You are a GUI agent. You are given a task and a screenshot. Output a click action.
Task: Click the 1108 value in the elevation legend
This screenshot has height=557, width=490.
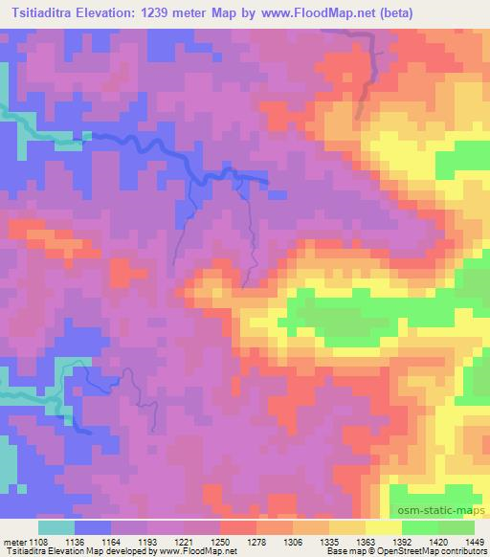pyautogui.click(x=45, y=541)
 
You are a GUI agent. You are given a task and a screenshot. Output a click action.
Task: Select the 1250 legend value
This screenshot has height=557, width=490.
pyautogui.click(x=220, y=541)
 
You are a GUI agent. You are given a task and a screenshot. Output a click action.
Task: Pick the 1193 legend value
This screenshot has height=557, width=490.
pyautogui.click(x=147, y=541)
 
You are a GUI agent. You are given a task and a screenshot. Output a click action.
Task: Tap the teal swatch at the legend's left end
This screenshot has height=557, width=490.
pyautogui.click(x=56, y=527)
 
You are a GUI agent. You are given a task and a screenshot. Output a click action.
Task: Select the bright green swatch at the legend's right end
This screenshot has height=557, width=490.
pyautogui.click(x=456, y=527)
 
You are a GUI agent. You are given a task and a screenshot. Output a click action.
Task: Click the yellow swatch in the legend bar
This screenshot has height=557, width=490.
pyautogui.click(x=383, y=527)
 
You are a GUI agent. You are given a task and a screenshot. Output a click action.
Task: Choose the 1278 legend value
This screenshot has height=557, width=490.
pyautogui.click(x=256, y=541)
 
